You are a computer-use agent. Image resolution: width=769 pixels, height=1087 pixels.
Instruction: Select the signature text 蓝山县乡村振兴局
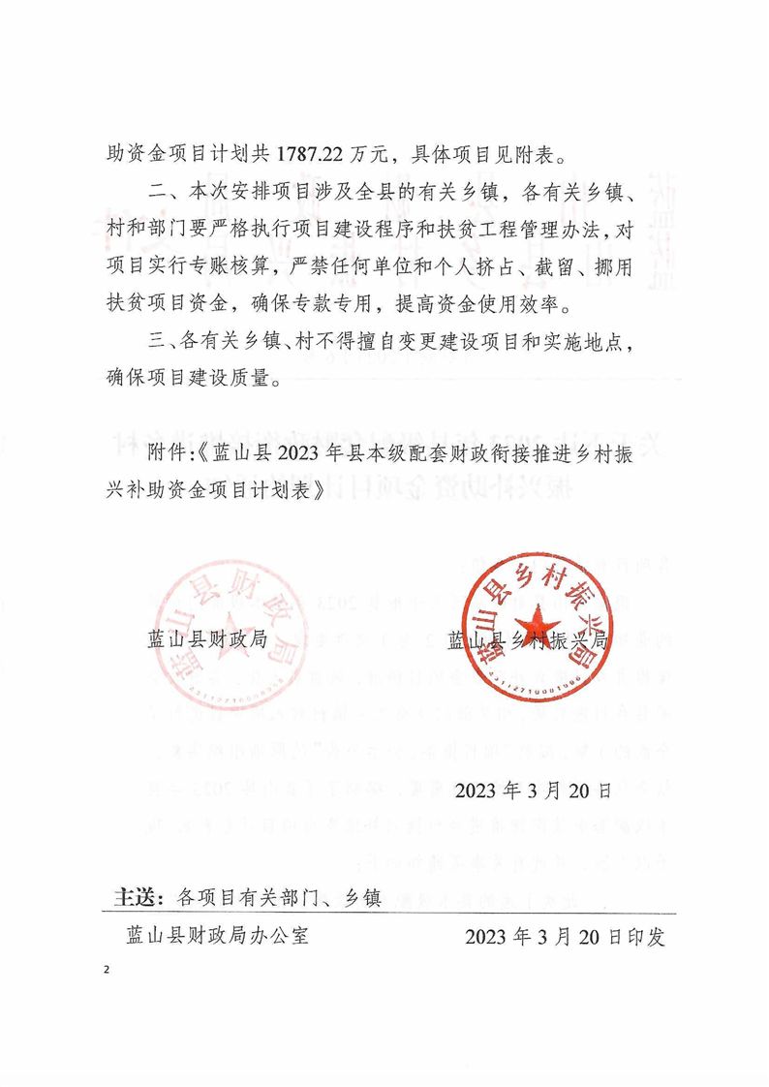(527, 640)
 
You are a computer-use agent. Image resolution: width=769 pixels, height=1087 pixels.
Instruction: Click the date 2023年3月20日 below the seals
(532, 790)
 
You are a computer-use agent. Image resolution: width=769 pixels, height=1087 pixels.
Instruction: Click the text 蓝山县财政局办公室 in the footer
(218, 937)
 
